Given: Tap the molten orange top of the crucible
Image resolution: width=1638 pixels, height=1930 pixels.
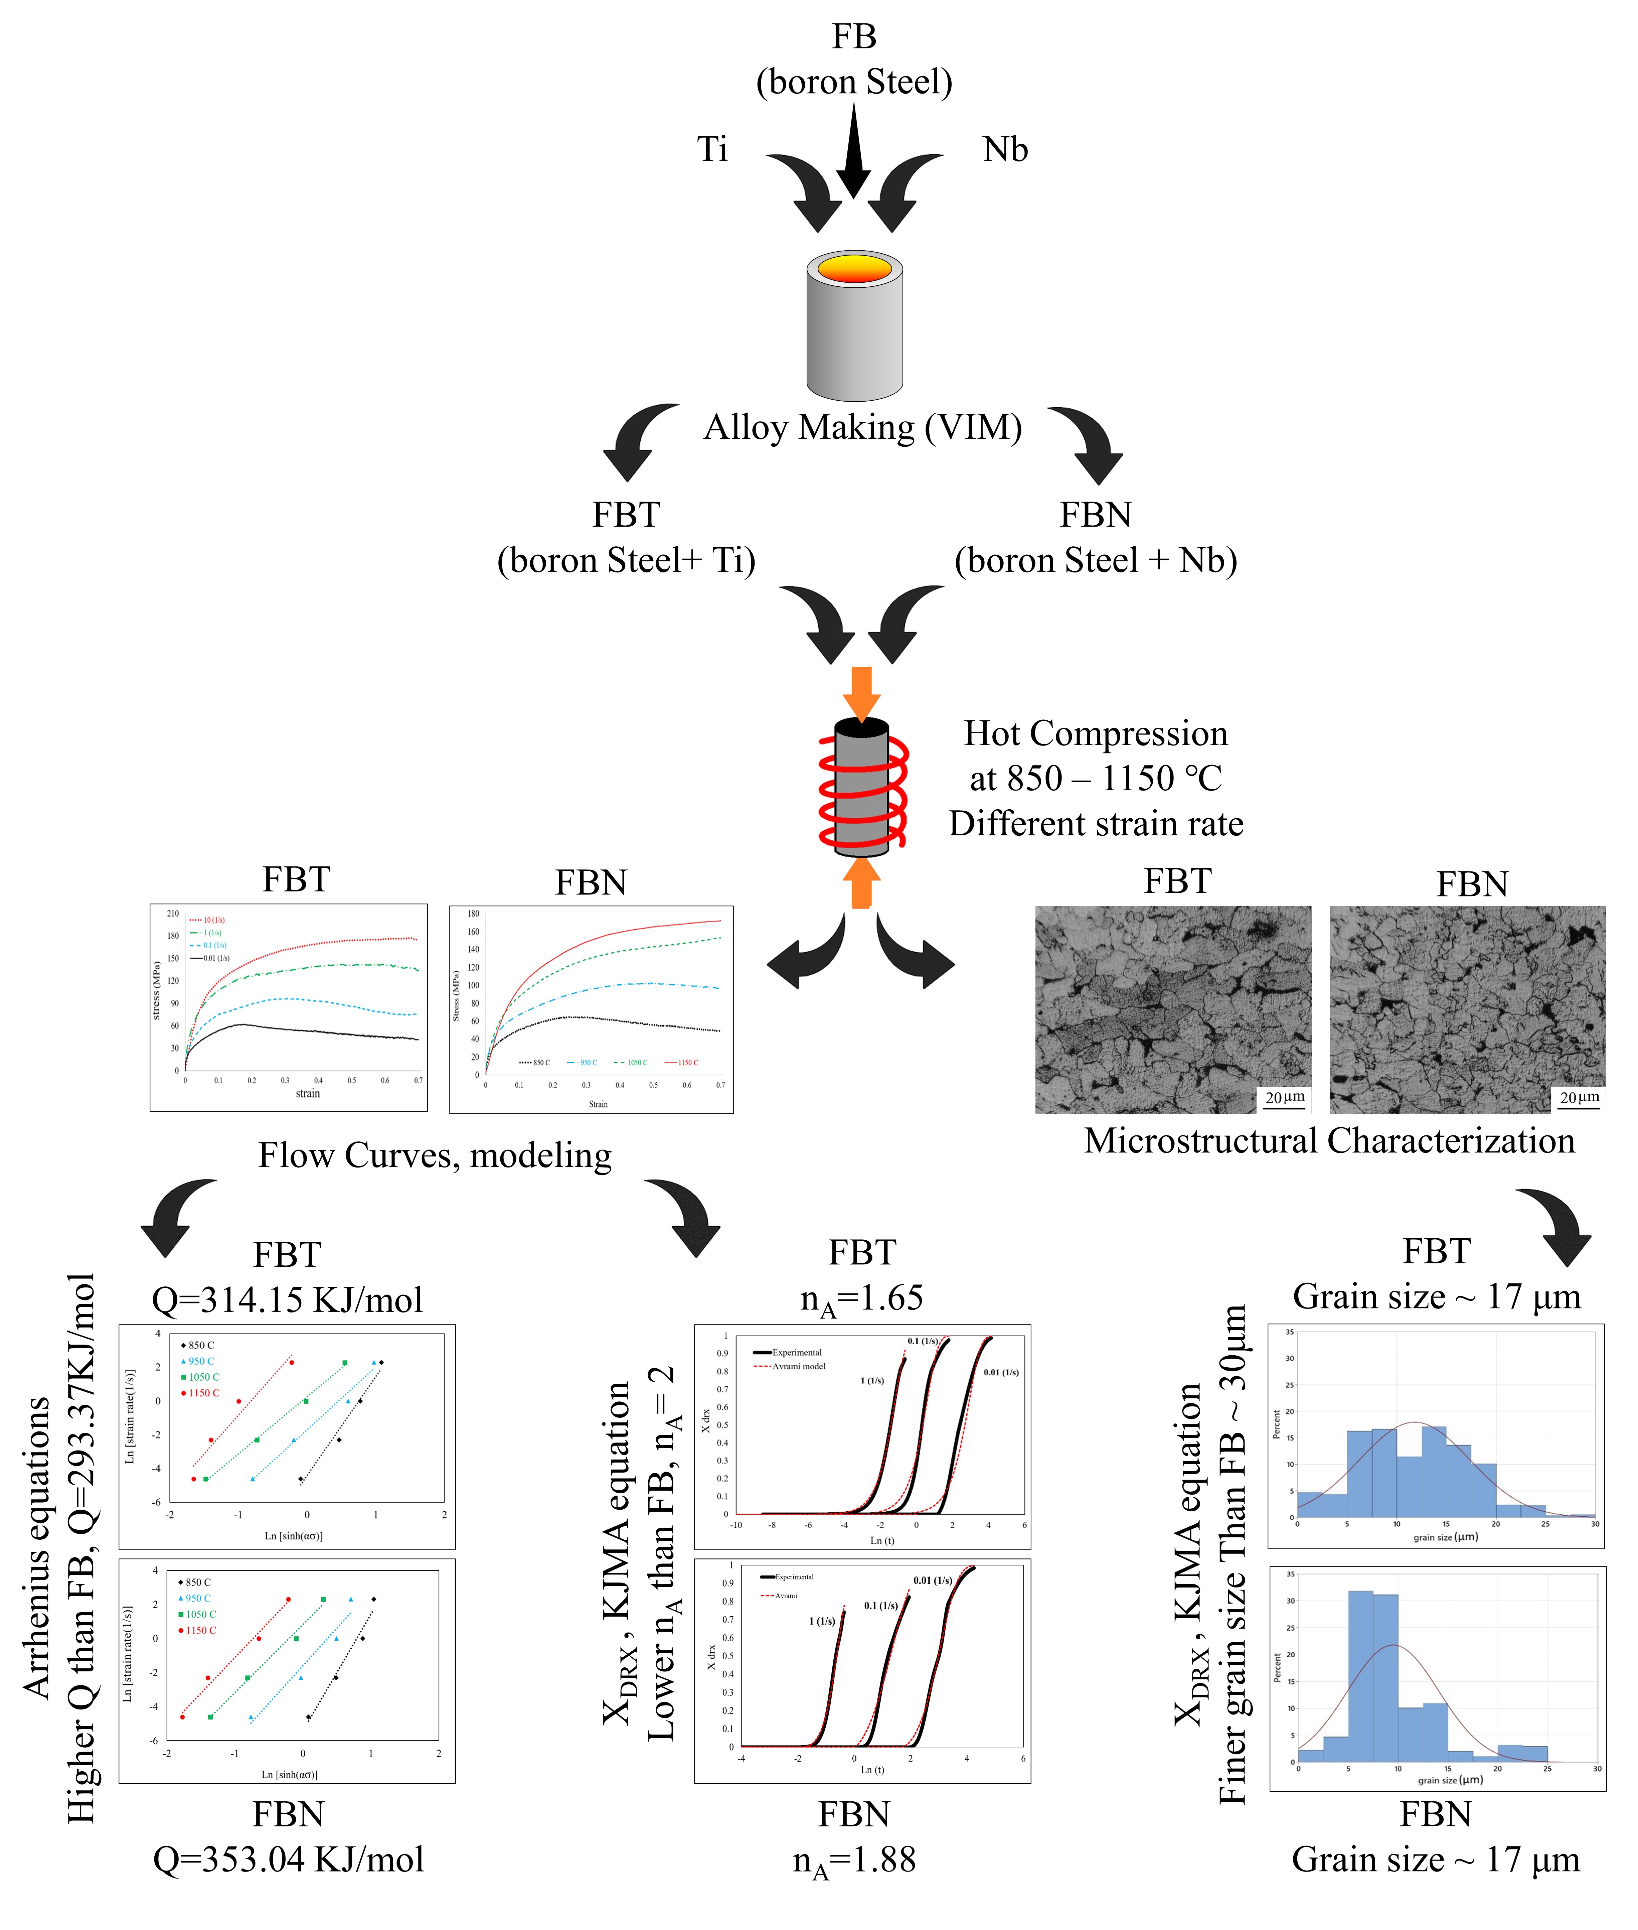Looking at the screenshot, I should [854, 269].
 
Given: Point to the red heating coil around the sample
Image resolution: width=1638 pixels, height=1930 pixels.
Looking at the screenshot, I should [863, 790].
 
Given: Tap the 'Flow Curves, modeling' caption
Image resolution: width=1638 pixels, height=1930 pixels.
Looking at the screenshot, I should [435, 1155].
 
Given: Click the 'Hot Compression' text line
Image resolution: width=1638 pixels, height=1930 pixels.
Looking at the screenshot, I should [1096, 734].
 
